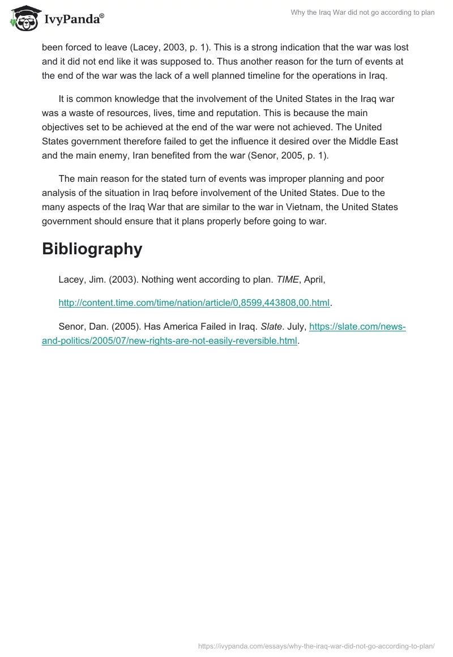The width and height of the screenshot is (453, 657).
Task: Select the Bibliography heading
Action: point(92,249)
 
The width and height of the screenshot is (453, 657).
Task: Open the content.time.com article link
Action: point(194,303)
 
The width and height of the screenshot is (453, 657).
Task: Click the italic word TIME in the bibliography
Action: point(287,279)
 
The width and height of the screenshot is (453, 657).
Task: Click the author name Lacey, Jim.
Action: point(82,279)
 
